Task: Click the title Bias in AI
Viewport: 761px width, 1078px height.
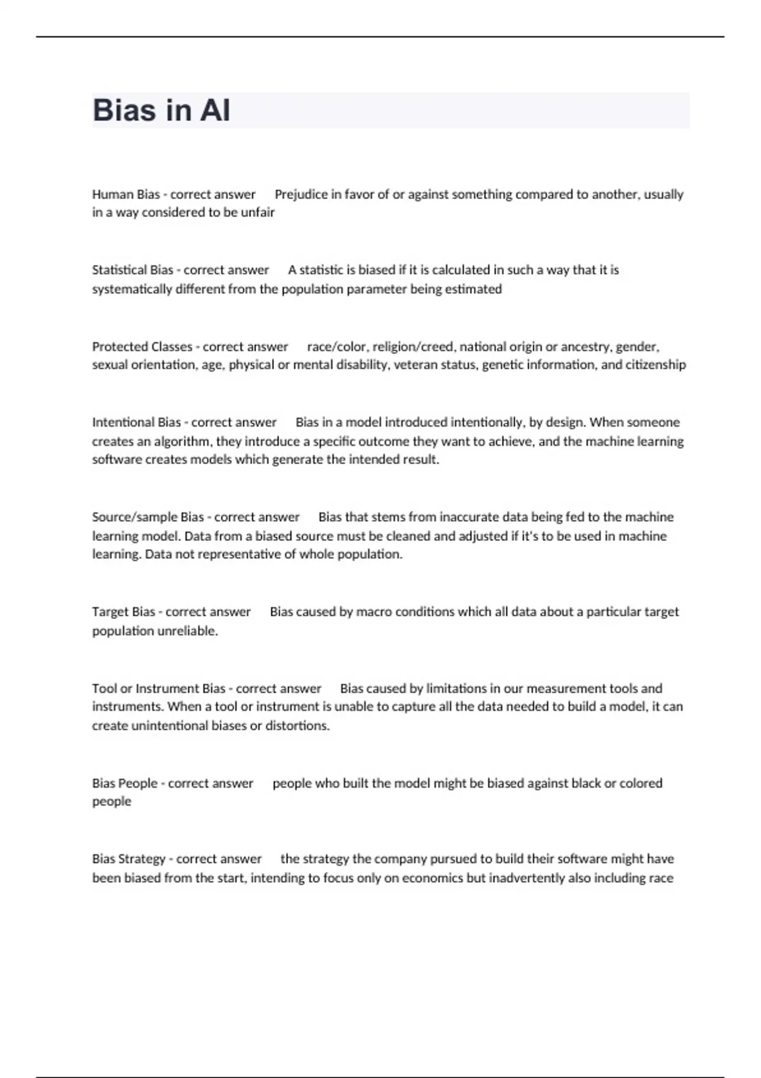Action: [x=161, y=110]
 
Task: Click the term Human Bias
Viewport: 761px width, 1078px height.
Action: [x=126, y=194]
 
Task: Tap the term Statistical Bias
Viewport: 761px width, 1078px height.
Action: [x=133, y=270]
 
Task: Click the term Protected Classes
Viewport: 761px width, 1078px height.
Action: [x=142, y=347]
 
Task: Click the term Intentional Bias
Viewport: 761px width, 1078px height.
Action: [x=136, y=422]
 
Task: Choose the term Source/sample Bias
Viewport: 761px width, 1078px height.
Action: [x=148, y=517]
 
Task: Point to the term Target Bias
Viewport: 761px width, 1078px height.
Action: [x=124, y=612]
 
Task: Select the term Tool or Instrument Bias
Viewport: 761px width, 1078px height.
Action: [x=159, y=689]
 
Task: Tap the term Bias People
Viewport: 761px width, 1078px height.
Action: [x=124, y=783]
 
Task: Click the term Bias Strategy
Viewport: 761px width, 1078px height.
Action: [x=129, y=859]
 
